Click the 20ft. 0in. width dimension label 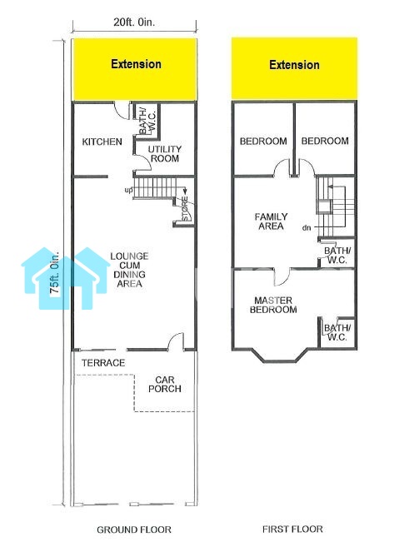[134, 22]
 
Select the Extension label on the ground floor [136, 64]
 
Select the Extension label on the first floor [294, 65]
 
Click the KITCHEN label [102, 142]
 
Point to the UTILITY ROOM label [165, 154]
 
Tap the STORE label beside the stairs [185, 208]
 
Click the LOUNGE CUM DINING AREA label [129, 270]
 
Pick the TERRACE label [103, 363]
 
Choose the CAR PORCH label [165, 385]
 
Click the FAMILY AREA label [272, 221]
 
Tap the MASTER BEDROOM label [273, 305]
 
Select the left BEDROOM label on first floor [263, 142]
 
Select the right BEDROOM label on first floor [325, 141]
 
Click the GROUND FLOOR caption [134, 530]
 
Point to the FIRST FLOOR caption [292, 530]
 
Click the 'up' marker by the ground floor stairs [128, 191]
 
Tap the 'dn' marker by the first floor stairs [307, 227]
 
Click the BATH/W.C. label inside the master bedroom [337, 332]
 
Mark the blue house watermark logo [66, 278]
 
